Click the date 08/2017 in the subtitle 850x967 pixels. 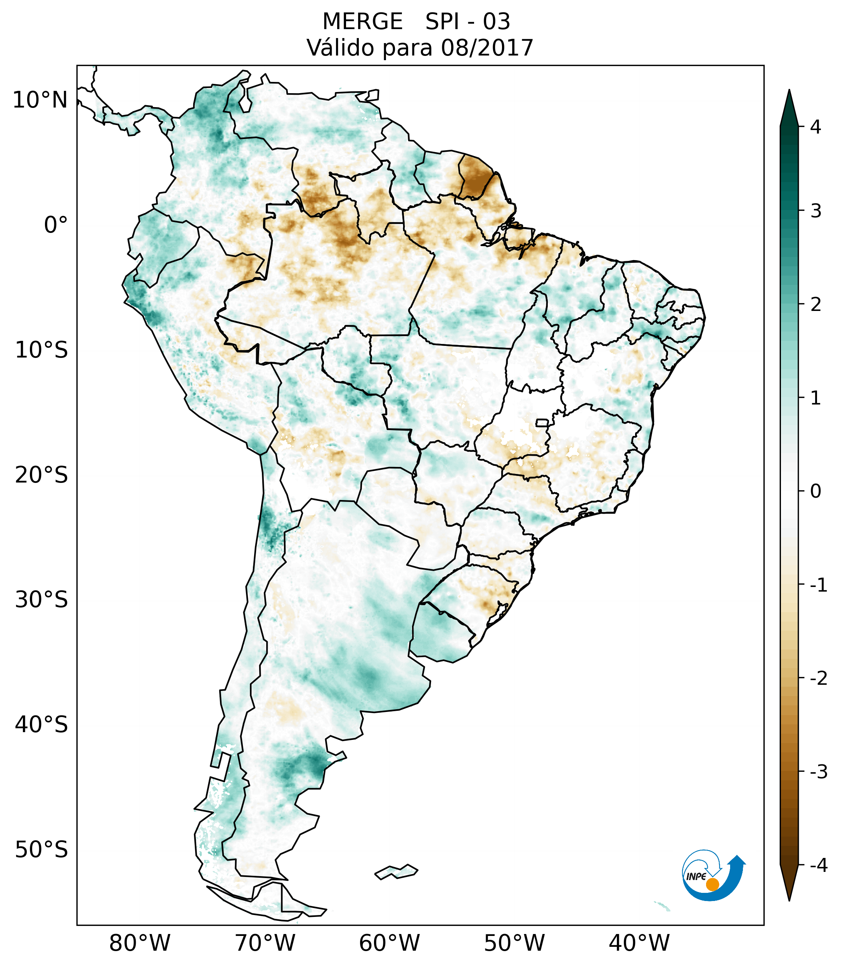coord(487,48)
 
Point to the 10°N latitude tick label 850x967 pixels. coord(40,100)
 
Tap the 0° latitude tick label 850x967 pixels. coord(56,225)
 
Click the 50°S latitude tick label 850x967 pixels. coord(42,850)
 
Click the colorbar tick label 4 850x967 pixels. coord(815,127)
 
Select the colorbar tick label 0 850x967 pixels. coord(815,491)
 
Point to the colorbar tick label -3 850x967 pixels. coord(818,772)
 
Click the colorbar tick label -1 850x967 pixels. coord(818,585)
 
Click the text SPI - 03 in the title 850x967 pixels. coord(467,22)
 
